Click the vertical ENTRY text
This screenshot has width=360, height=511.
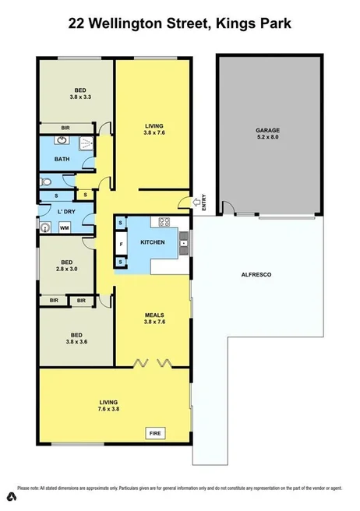(x=203, y=203)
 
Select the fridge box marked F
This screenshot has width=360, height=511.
(x=121, y=244)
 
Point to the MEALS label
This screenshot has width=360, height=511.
(x=153, y=316)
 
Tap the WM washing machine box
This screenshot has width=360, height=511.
(x=64, y=227)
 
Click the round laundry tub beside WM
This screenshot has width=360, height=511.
(x=47, y=227)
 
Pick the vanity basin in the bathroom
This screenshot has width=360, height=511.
(x=60, y=142)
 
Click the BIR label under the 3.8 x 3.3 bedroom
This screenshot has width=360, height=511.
(x=66, y=127)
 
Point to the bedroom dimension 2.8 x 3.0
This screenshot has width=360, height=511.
(x=67, y=270)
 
